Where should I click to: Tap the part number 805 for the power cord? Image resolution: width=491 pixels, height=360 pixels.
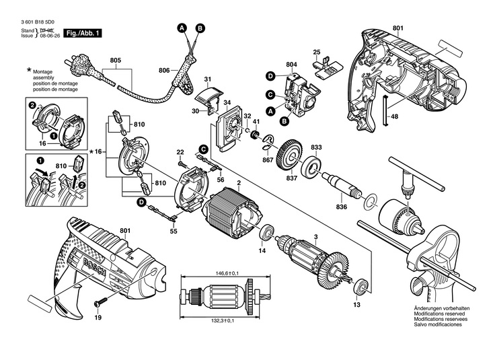pyautogui.click(x=116, y=61)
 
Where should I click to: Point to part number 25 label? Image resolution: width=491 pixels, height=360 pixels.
pyautogui.click(x=316, y=52)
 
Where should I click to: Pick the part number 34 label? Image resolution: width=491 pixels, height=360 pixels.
pyautogui.click(x=227, y=102)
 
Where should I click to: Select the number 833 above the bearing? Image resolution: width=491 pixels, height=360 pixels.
pyautogui.click(x=316, y=147)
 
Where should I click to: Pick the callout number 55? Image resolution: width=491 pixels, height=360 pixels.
pyautogui.click(x=174, y=231)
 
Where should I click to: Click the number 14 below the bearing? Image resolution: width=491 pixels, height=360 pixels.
pyautogui.click(x=262, y=251)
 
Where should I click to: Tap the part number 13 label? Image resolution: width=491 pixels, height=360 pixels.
pyautogui.click(x=356, y=304)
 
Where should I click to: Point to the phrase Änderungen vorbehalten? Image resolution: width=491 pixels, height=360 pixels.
pyautogui.click(x=438, y=309)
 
